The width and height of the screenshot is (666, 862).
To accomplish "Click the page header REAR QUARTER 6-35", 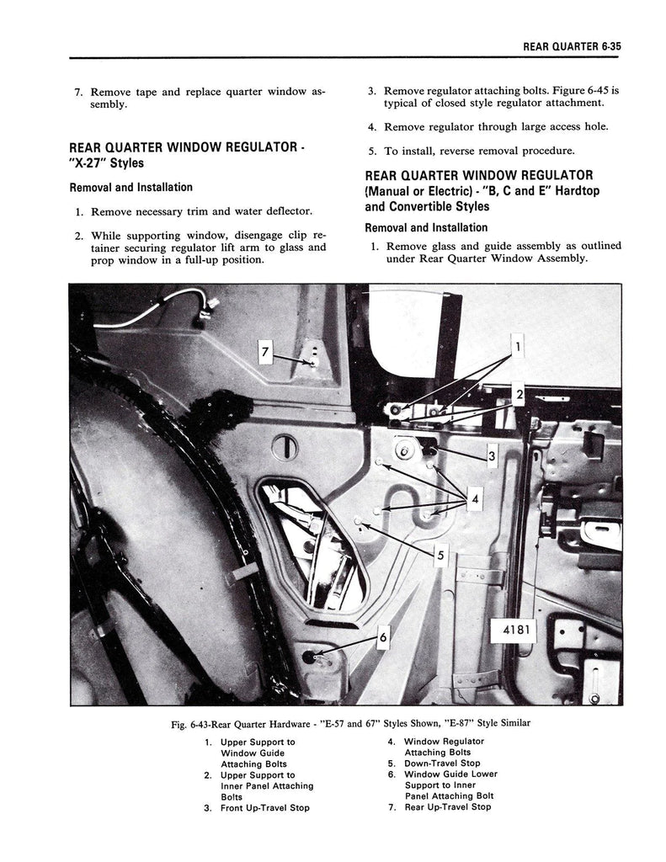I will pos(573,47).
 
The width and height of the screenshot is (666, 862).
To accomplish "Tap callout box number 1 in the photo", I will pos(519,345).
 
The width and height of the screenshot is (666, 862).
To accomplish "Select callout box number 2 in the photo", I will pos(519,393).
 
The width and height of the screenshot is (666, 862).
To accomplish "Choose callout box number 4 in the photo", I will pos(475,500).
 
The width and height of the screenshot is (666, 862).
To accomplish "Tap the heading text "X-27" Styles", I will pos(106,162).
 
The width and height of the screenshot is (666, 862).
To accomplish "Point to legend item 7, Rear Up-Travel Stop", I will pos(447,806).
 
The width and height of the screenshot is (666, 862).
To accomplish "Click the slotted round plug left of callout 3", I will pos(285,444).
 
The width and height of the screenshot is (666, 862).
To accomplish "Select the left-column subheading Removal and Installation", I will pos(131,187).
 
